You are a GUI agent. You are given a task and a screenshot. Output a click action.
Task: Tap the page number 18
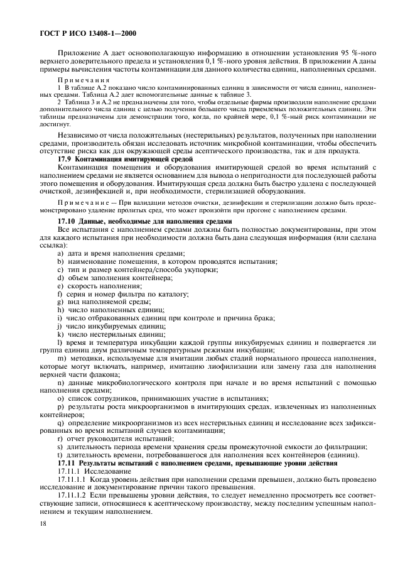pos(44,522)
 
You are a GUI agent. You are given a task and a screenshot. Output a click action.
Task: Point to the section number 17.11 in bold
pos(68,463)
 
